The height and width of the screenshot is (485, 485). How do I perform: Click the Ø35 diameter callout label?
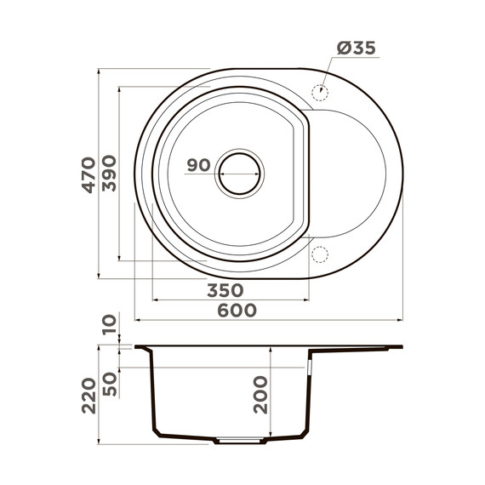pos(354,49)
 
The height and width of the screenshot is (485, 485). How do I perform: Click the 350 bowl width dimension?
pos(225,290)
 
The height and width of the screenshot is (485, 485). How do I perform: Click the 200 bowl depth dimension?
pos(259,397)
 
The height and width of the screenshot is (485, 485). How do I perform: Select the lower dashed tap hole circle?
pos(321,254)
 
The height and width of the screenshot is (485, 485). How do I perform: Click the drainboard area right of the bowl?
pos(349,174)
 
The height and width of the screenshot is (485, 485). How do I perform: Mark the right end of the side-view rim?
pos(400,346)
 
